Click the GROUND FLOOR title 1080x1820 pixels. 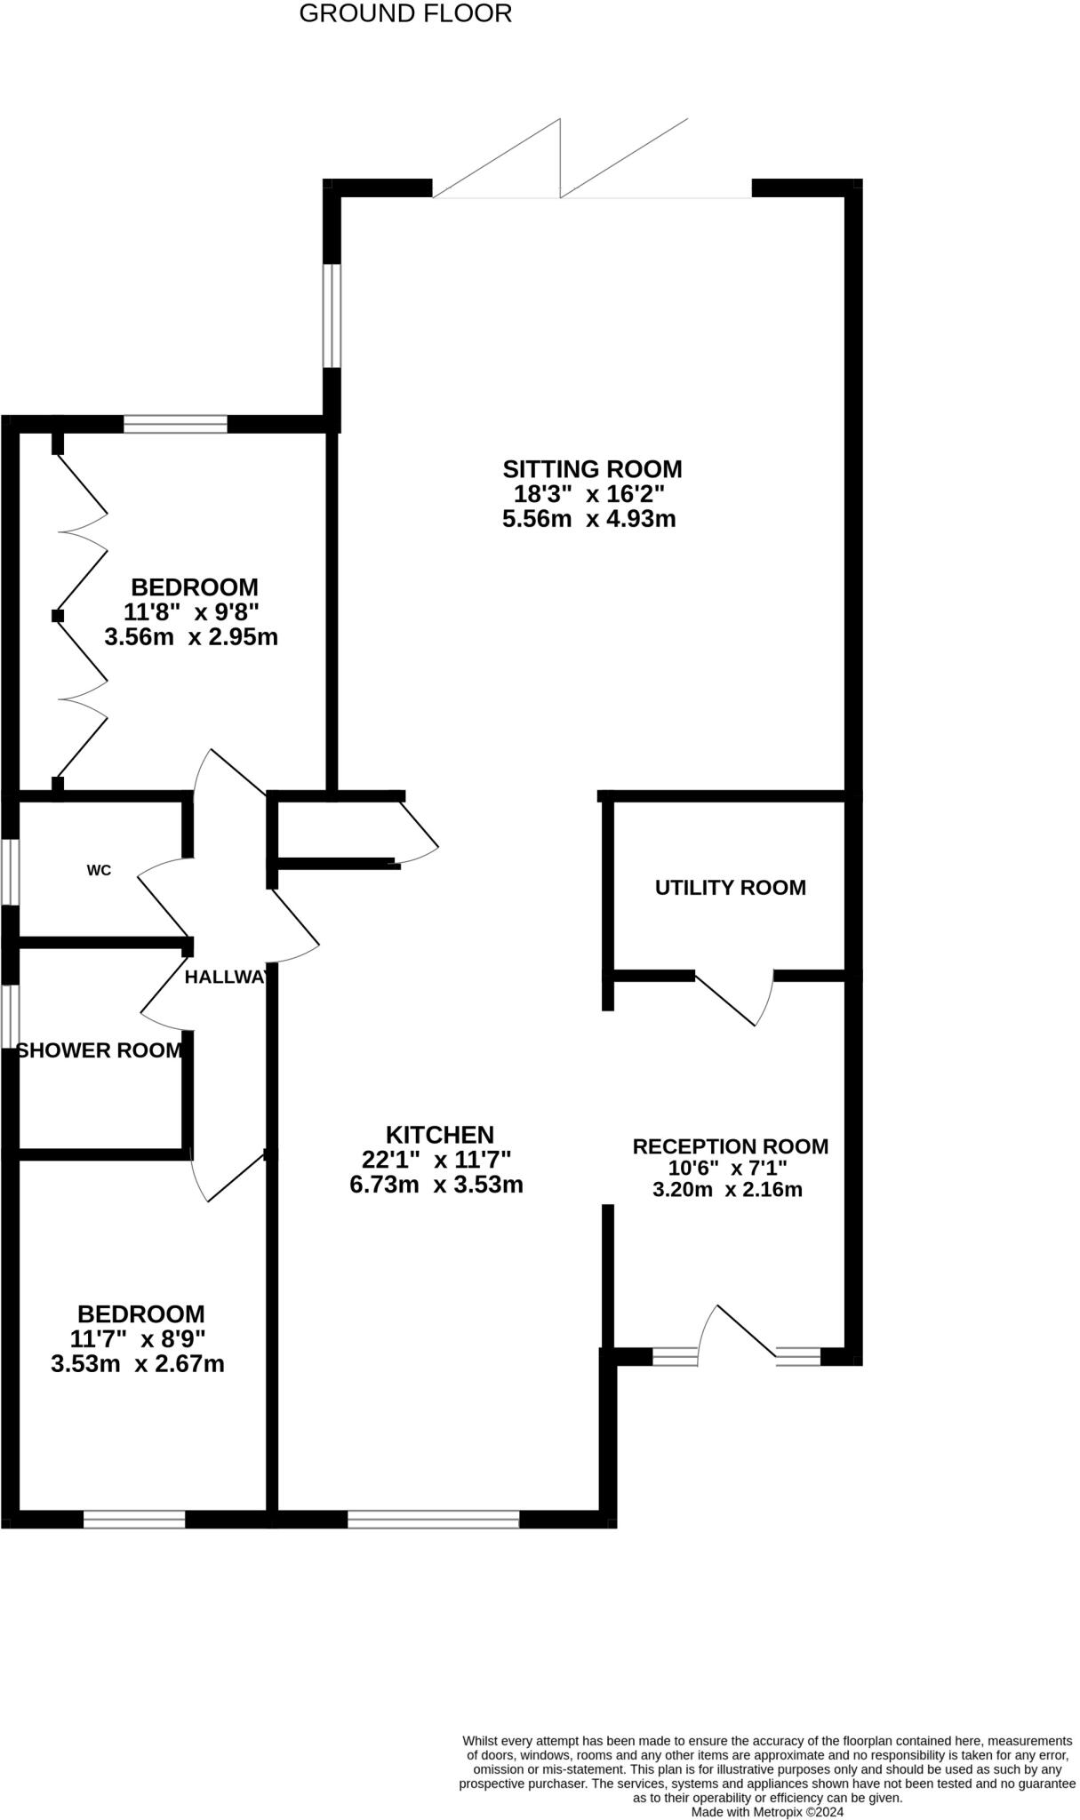click(x=405, y=14)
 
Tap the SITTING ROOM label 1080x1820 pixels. click(x=592, y=468)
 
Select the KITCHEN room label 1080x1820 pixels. click(x=439, y=1135)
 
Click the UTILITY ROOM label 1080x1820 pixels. click(x=730, y=887)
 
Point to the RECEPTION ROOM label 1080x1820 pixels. click(x=730, y=1146)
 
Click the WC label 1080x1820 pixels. click(x=99, y=870)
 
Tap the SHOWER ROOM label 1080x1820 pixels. click(x=99, y=1050)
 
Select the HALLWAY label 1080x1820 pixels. click(x=226, y=977)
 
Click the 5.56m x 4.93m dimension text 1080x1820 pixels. click(x=588, y=519)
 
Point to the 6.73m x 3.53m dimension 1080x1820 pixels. click(x=436, y=1185)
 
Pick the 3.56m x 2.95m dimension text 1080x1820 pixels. click(x=191, y=637)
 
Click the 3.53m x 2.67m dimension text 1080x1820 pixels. click(x=138, y=1364)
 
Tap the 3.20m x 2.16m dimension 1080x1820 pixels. click(x=727, y=1189)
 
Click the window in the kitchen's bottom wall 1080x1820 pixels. click(x=433, y=1519)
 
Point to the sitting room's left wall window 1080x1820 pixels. click(x=332, y=315)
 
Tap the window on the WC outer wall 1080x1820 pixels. click(x=10, y=872)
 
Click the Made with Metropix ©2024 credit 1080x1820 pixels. click(x=766, y=1811)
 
